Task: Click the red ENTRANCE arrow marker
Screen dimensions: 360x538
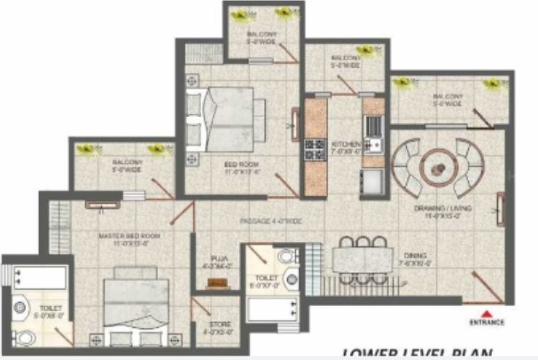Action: (487, 310)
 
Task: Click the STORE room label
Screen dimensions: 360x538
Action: (220, 329)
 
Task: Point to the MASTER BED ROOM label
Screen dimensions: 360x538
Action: (129, 238)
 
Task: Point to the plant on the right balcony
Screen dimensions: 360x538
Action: (492, 84)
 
